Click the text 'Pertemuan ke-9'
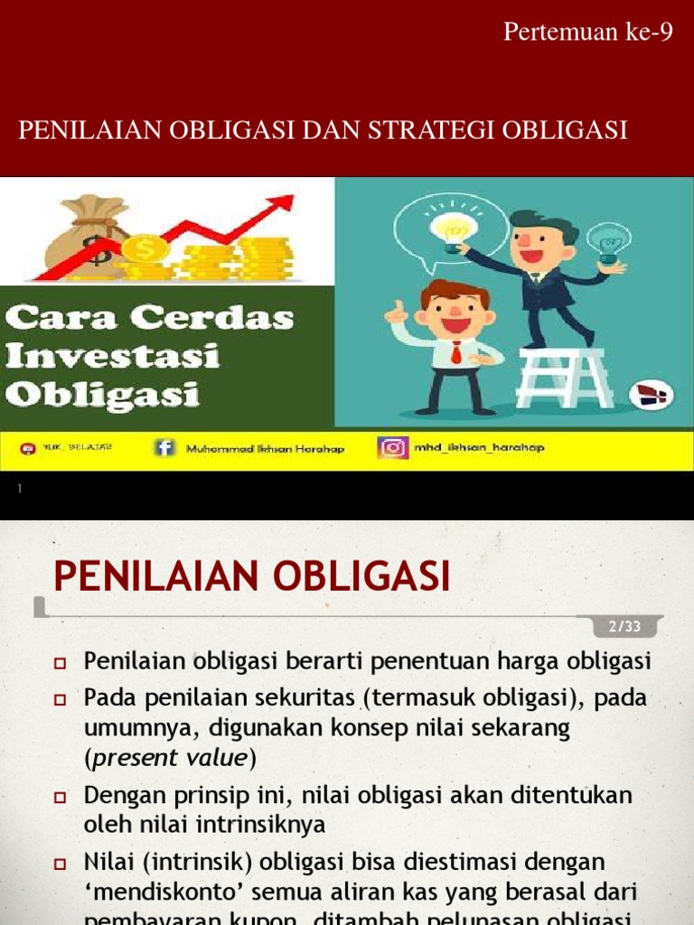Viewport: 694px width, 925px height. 587,33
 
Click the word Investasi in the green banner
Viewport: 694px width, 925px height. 113,356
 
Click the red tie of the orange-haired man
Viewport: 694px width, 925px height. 456,352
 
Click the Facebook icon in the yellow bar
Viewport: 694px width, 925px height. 164,448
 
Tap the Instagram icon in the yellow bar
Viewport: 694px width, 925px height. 392,448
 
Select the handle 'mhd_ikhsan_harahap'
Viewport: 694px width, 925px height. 479,448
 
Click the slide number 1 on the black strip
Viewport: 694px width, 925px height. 19,490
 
